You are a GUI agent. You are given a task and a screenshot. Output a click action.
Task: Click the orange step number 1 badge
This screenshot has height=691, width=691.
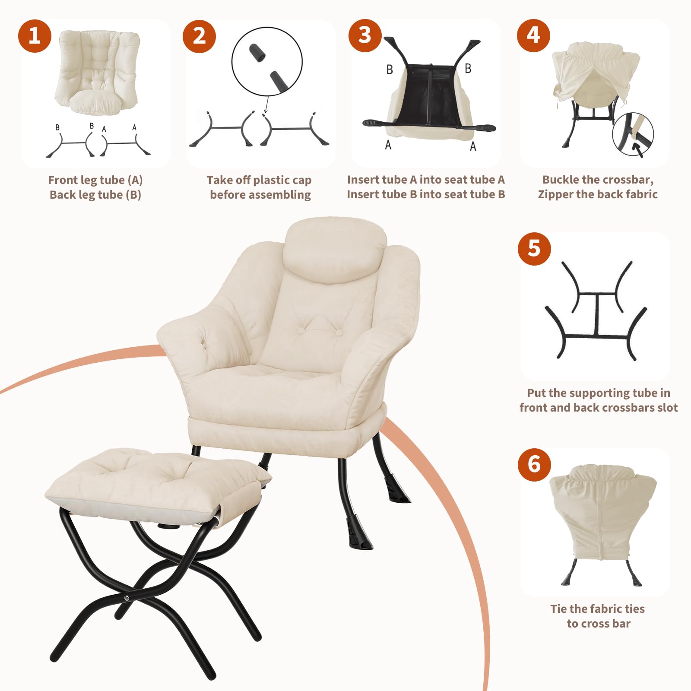pos(35,36)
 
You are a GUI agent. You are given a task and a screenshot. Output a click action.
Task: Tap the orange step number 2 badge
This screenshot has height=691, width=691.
pos(199,36)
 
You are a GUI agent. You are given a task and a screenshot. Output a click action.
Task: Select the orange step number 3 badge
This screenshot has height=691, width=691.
pos(365,35)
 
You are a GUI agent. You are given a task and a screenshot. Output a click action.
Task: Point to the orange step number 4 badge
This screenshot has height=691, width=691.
pos(533,35)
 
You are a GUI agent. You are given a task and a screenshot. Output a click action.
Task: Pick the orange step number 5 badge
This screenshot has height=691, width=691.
pos(534,249)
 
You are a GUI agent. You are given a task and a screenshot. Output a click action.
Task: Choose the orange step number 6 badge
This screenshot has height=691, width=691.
pos(534,464)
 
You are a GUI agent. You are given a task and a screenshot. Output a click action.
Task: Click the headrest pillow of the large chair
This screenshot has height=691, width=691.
pos(335,250)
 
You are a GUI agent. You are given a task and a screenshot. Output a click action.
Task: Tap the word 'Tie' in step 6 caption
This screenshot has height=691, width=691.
pos(558,609)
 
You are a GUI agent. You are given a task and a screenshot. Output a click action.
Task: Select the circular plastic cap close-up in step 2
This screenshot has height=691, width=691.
pos(267,61)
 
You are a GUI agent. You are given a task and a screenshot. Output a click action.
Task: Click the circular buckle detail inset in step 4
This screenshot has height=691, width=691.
pos(633,133)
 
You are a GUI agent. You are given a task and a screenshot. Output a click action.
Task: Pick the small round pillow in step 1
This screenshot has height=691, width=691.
pos(95,101)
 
